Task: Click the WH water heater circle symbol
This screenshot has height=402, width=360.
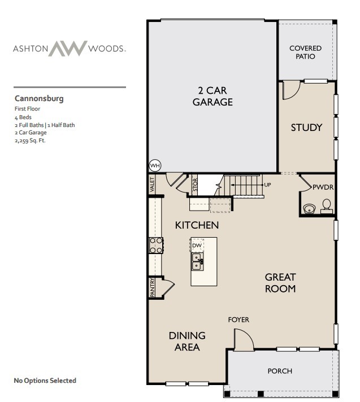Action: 154,165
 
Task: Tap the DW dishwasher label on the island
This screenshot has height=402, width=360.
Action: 197,246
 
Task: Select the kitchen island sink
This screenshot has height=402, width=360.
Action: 197,260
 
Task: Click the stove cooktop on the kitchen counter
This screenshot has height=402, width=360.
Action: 156,245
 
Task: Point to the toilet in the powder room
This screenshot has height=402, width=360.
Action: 327,206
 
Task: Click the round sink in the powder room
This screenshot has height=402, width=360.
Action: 309,209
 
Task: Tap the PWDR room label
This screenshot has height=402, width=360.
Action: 322,186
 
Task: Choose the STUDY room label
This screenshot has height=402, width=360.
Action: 306,128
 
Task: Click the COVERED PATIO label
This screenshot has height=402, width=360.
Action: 305,53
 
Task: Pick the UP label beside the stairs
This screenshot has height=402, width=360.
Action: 268,185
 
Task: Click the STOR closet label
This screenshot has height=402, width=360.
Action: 195,186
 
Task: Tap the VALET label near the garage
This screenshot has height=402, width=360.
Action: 152,184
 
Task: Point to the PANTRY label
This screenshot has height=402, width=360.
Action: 153,287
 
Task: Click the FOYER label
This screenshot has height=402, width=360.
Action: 238,320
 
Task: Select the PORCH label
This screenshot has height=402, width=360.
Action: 280,371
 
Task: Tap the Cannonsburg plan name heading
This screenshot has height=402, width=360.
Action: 39,98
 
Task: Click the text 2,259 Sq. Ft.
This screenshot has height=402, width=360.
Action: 30,141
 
